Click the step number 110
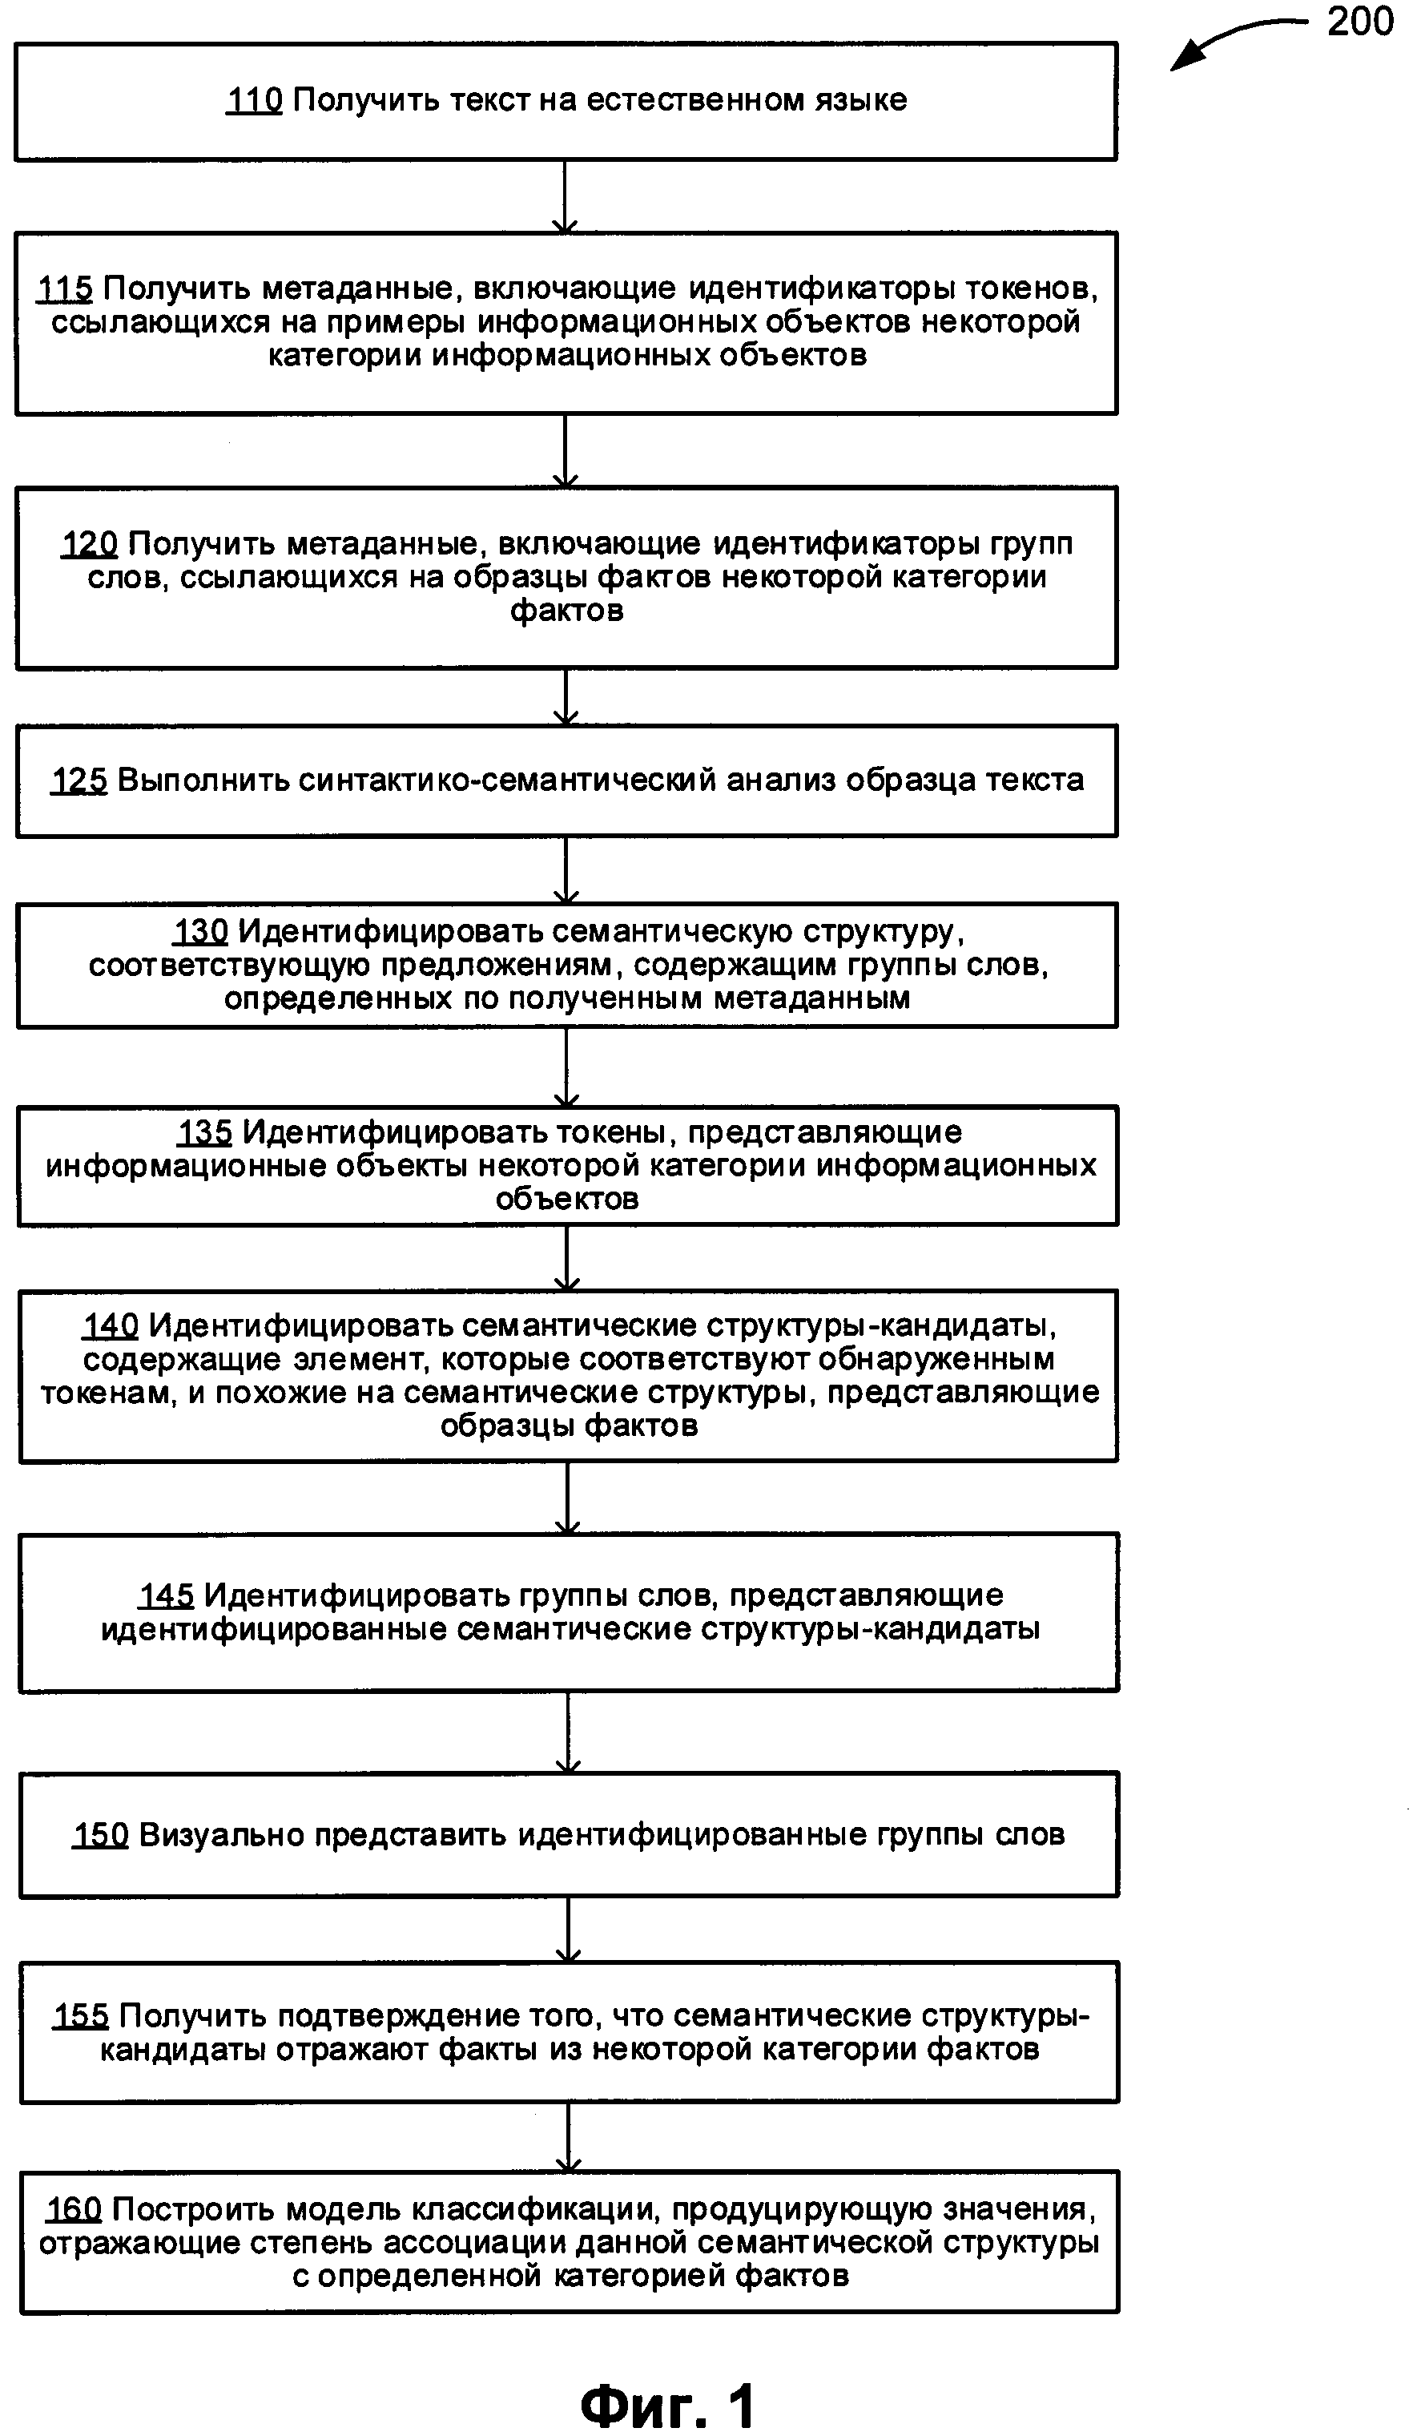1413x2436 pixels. click(254, 99)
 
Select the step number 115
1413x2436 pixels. click(65, 288)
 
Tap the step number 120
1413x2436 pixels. click(90, 543)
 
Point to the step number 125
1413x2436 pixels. click(79, 780)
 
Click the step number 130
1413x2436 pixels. click(201, 931)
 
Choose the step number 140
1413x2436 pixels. click(111, 1325)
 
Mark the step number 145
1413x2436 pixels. click(167, 1595)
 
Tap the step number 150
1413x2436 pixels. click(100, 1835)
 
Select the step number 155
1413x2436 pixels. click(80, 2015)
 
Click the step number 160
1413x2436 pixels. click(74, 2209)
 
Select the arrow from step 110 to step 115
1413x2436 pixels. click(565, 196)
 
